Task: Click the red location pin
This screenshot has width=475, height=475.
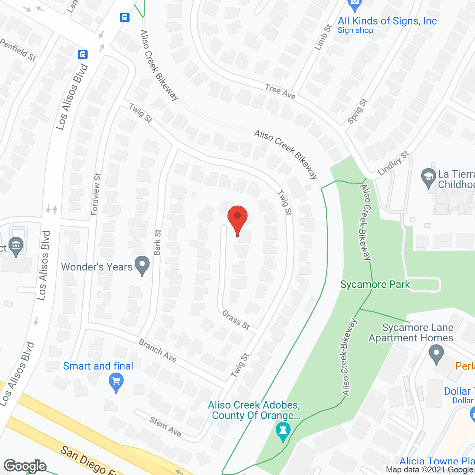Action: pyautogui.click(x=237, y=219)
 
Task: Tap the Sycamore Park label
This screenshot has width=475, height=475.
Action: pyautogui.click(x=375, y=285)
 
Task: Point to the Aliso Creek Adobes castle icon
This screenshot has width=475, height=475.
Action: pyautogui.click(x=283, y=432)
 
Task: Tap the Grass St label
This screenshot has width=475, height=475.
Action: pyautogui.click(x=236, y=320)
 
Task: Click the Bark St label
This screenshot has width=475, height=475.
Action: pyautogui.click(x=157, y=242)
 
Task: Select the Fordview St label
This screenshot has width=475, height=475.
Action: pyautogui.click(x=96, y=194)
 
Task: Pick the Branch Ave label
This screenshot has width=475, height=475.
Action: pyautogui.click(x=158, y=350)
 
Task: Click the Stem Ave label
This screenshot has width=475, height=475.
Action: pyautogui.click(x=166, y=426)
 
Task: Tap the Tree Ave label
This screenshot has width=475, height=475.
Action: pyautogui.click(x=281, y=92)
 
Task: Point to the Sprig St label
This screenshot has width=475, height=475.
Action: pyautogui.click(x=357, y=111)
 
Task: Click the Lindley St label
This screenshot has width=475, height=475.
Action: pyautogui.click(x=393, y=163)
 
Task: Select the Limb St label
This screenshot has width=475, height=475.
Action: pyautogui.click(x=323, y=37)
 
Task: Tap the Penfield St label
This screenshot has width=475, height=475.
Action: pyautogui.click(x=18, y=50)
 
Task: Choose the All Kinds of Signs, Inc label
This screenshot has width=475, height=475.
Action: pyautogui.click(x=387, y=21)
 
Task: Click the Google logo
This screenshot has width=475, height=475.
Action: pyautogui.click(x=25, y=466)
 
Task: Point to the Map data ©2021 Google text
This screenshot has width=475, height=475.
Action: pyautogui.click(x=430, y=470)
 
